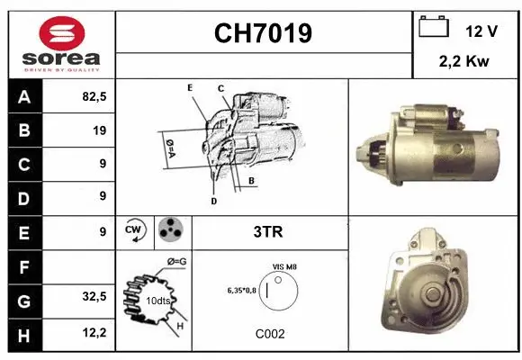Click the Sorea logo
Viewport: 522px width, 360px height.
tap(61, 43)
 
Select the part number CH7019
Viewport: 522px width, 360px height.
tap(263, 33)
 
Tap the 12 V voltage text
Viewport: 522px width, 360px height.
tap(481, 31)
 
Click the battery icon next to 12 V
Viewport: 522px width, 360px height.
tap(434, 28)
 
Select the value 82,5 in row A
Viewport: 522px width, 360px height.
tap(93, 96)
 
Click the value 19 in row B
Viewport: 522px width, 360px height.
tap(99, 130)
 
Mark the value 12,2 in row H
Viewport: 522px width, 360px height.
tap(93, 332)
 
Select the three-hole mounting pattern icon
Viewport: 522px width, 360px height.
tap(171, 231)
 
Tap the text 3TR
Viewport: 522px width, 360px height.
tap(268, 231)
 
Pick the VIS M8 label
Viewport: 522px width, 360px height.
tap(285, 267)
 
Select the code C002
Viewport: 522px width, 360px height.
tap(269, 333)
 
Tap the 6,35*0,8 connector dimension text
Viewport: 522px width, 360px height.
tap(241, 290)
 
